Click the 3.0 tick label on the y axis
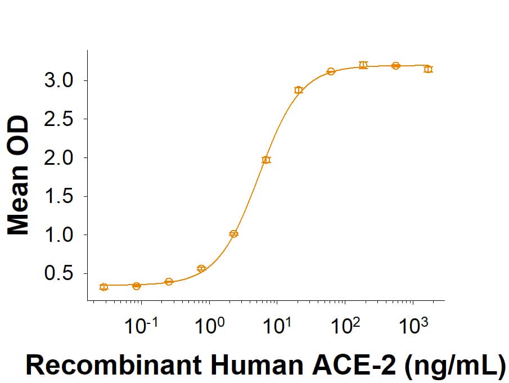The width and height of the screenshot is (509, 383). coord(58,80)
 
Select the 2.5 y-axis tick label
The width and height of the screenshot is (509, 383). coord(58,119)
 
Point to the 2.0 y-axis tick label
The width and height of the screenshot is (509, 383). coord(58,158)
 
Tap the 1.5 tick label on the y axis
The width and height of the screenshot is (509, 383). coord(58,196)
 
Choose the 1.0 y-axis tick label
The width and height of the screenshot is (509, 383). coord(58,235)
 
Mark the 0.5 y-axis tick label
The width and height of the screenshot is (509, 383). coord(58,274)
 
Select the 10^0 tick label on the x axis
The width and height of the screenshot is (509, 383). coord(210,326)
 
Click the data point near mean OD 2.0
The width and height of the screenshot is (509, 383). coord(266,160)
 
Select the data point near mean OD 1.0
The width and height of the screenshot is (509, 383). coord(234,233)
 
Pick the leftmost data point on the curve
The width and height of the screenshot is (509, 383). coord(103,287)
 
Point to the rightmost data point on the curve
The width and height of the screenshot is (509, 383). coord(428,69)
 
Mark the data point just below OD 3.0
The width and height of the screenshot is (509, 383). coord(299,90)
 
